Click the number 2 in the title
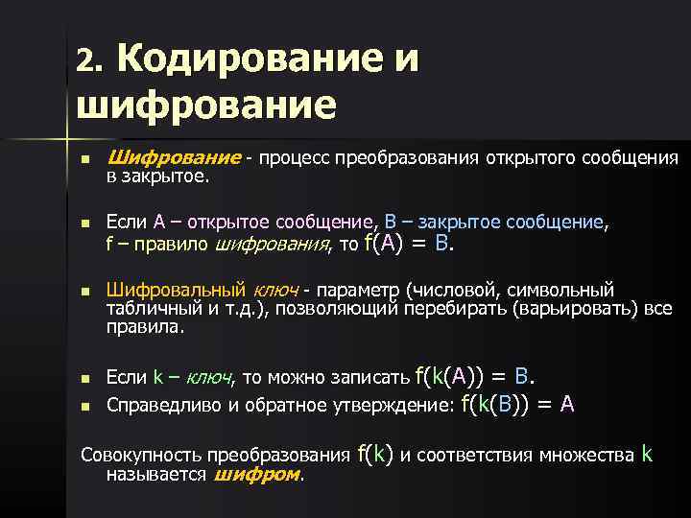coord(86,59)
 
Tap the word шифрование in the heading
coord(206,106)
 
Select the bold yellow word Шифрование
coord(174,157)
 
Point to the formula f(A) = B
coord(409,243)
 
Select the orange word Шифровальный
coord(176,291)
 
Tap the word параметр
coord(358,292)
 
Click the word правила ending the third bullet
coord(144,328)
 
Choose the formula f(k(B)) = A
coord(517,404)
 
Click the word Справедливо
coord(163,405)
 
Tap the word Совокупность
coord(140,455)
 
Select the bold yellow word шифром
coord(257,475)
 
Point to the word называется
coord(156,475)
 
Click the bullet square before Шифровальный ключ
coord(85,292)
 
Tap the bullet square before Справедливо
coord(85,406)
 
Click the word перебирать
coord(455,309)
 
